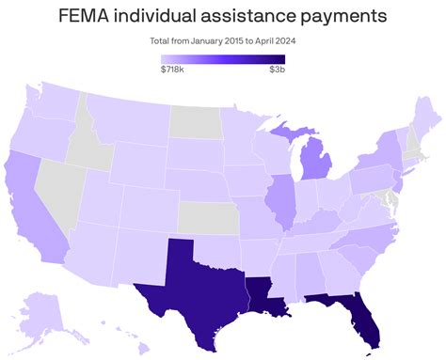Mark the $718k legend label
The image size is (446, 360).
click(x=172, y=70)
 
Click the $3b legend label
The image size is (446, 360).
click(x=278, y=70)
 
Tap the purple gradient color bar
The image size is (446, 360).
click(x=223, y=57)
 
